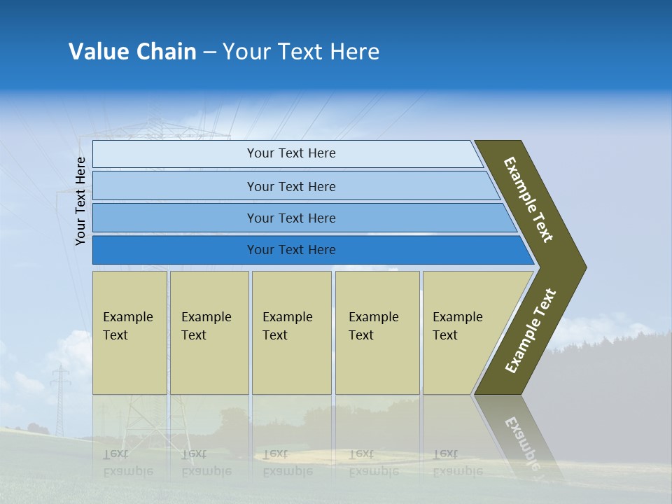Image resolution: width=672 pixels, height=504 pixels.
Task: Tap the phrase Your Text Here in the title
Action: (301, 52)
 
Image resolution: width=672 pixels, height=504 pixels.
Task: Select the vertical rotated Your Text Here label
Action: (80, 202)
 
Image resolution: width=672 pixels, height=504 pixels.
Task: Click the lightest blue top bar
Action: (290, 153)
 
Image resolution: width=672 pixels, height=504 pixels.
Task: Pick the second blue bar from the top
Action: (290, 186)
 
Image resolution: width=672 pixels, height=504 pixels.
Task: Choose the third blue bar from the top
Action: (290, 218)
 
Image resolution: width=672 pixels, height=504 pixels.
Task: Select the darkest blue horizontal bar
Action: (290, 250)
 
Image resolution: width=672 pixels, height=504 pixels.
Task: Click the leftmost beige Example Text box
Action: (129, 332)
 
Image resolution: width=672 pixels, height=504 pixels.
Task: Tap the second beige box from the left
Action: (209, 332)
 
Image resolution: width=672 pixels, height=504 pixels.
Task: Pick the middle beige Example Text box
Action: (291, 332)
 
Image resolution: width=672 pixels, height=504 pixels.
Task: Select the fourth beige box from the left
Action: (377, 332)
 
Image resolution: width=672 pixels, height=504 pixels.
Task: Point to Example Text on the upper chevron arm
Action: (528, 199)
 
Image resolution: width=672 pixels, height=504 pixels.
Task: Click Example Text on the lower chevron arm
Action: (531, 330)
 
